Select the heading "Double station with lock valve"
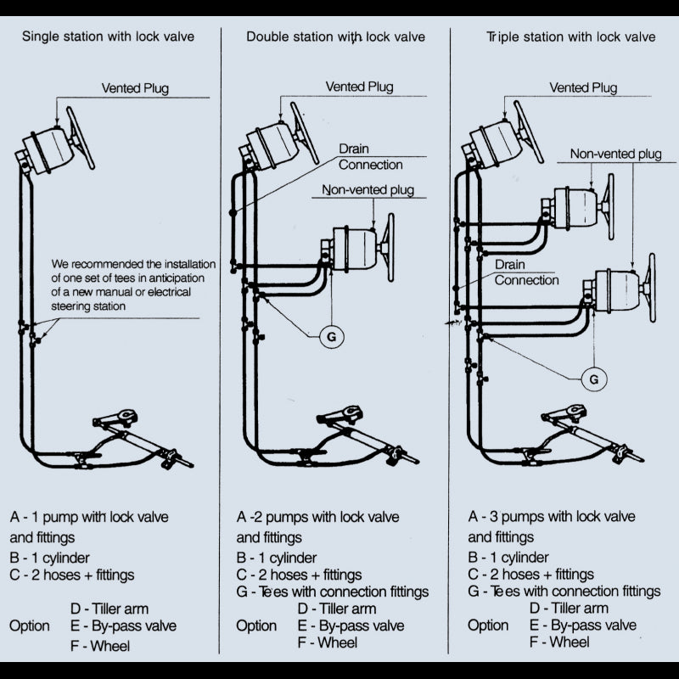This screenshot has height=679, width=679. (335, 36)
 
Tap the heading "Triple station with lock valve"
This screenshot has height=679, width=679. (570, 36)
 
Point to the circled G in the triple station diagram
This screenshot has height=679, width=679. (593, 376)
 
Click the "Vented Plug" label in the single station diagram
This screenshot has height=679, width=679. (135, 87)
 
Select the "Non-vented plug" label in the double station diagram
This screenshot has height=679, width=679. (368, 190)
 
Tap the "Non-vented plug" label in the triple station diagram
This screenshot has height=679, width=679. (615, 154)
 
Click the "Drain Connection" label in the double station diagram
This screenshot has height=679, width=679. (370, 156)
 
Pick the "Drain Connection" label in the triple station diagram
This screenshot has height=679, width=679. (526, 272)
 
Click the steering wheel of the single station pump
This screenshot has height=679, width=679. (81, 137)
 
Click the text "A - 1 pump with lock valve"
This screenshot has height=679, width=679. (89, 517)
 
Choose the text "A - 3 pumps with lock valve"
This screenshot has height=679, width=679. (552, 517)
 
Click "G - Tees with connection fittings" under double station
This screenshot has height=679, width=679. (332, 592)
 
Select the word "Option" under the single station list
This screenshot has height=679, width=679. (29, 626)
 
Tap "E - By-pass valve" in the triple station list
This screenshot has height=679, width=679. (582, 626)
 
